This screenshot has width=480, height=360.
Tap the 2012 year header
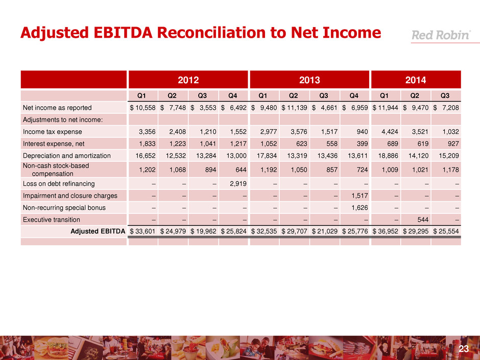pos(187,80)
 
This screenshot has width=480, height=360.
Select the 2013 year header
pos(309,80)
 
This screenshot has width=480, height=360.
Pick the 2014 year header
pos(416,80)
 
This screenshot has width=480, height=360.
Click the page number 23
pos(463,349)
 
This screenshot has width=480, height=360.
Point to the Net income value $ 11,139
pos(295,108)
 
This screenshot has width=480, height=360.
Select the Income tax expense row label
pos(50,132)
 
